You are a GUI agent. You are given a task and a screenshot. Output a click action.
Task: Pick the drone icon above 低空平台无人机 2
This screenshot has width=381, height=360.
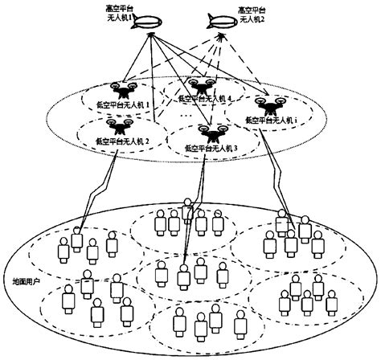(x=121, y=125)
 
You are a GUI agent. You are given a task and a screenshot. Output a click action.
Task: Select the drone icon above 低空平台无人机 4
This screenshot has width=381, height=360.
(x=199, y=86)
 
